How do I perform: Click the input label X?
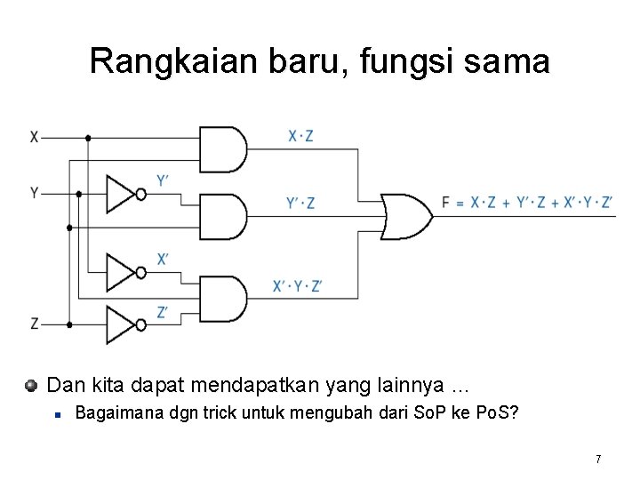pos(34,138)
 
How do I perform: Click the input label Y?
pos(34,193)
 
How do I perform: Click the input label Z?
pos(34,324)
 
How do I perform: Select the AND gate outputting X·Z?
pos(222,149)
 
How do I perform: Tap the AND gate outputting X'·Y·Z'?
pos(222,299)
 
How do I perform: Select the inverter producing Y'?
pos(123,193)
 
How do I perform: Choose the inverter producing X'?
pos(123,272)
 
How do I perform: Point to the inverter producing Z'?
pos(123,324)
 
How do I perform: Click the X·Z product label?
pos(300,136)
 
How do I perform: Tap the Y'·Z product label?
pos(300,204)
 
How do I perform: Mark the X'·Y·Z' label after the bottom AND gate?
pos(298,286)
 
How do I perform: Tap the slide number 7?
pos(598,459)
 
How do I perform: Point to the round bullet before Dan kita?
pos(31,386)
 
